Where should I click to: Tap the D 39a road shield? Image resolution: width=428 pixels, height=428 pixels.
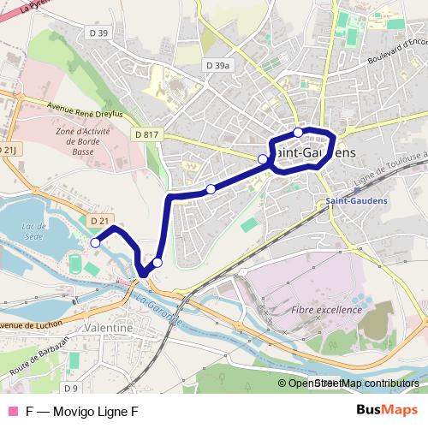(219, 65)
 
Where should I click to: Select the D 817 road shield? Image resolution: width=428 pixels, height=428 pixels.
(147, 134)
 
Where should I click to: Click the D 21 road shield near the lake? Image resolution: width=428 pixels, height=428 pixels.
(100, 221)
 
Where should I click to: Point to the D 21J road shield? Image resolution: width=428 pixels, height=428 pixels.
(8, 149)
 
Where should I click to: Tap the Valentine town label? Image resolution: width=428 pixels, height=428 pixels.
(108, 328)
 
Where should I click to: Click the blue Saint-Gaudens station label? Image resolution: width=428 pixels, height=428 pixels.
(356, 200)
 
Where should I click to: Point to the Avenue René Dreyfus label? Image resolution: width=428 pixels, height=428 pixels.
(86, 109)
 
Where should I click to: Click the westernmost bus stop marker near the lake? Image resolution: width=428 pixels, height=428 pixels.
(95, 242)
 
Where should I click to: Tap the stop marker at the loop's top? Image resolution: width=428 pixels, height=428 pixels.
(298, 132)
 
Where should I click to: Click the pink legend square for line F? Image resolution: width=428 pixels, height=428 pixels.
(13, 411)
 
